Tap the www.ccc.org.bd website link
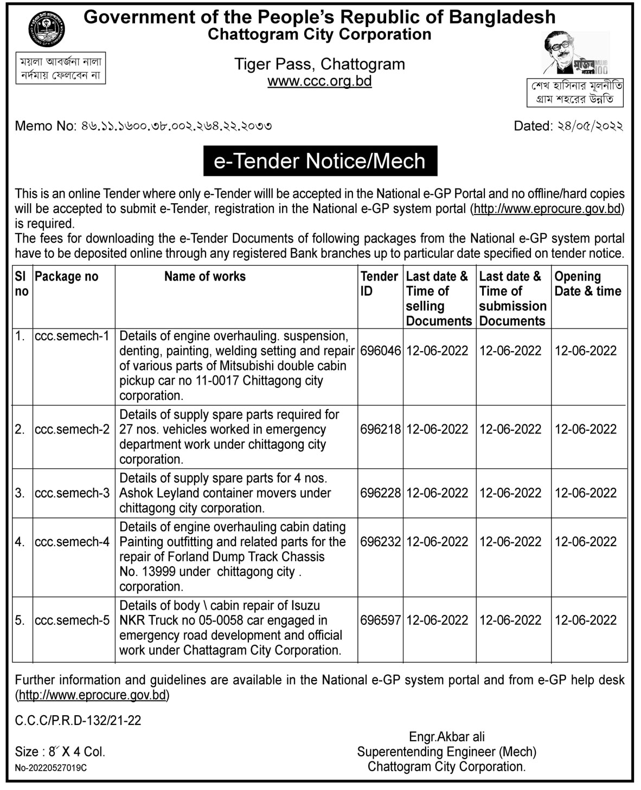319,81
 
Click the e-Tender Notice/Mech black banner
320,161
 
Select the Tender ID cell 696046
380,351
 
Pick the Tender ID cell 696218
380,430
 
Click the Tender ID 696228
380,493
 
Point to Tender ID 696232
380,542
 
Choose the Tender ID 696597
380,620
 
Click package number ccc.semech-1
72,336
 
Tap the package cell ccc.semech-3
72,493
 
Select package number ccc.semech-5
72,620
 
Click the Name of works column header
204,276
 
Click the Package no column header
67,276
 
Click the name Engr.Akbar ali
447,737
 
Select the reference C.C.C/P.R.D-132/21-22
78,720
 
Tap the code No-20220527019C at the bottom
51,768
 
